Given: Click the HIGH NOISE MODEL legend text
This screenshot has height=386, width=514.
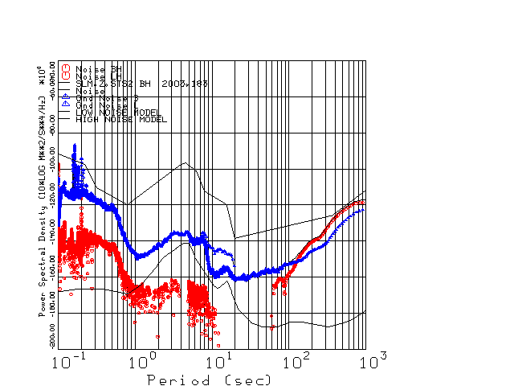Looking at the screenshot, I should tap(121, 120).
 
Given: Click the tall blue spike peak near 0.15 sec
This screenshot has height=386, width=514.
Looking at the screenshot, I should tap(75, 146).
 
